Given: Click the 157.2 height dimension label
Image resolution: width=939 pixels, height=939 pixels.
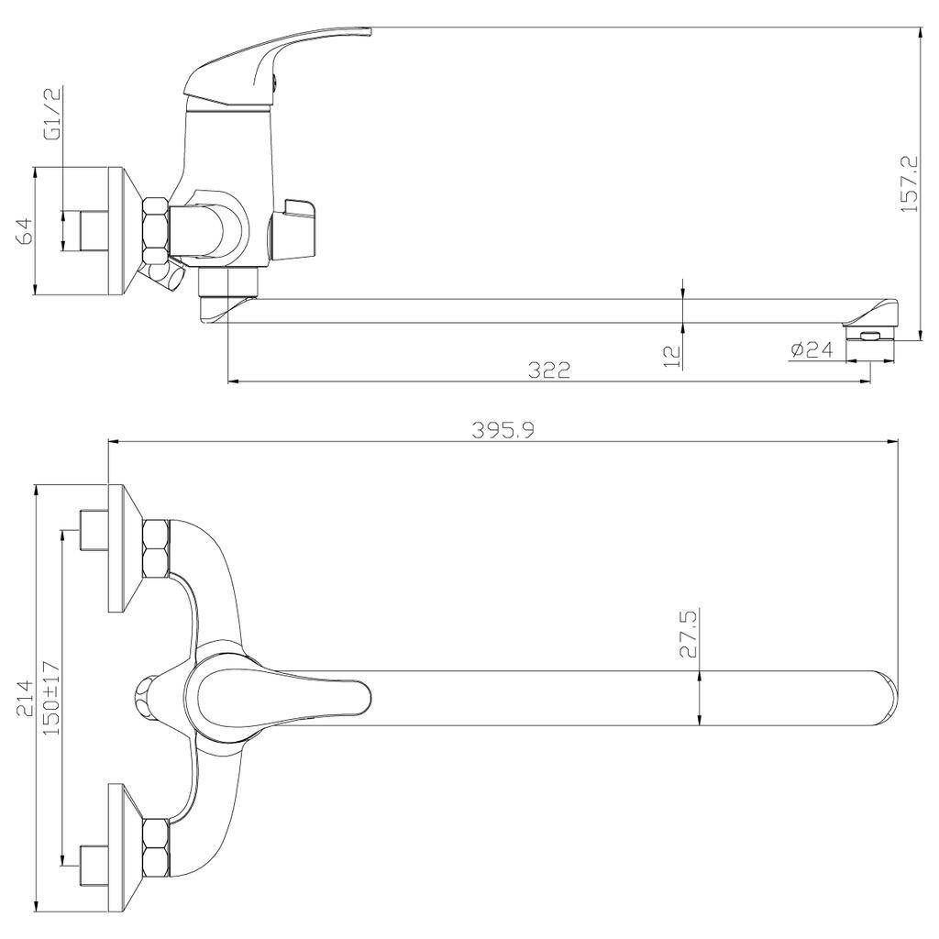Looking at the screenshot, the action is tap(908, 183).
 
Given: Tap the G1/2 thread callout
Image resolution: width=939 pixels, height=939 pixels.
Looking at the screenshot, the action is tap(54, 123).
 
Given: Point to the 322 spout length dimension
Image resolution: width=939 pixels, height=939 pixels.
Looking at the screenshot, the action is tap(549, 370).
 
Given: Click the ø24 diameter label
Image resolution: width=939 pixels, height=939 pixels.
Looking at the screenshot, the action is tap(812, 349).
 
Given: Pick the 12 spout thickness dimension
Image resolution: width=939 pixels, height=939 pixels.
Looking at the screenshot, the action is tap(673, 356).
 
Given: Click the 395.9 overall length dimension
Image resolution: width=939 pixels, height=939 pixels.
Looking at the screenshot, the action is tap(503, 431).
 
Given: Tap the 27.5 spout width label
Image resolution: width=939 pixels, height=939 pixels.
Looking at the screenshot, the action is tap(689, 635).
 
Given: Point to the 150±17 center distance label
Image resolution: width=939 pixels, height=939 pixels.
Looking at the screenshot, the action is tap(51, 698).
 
